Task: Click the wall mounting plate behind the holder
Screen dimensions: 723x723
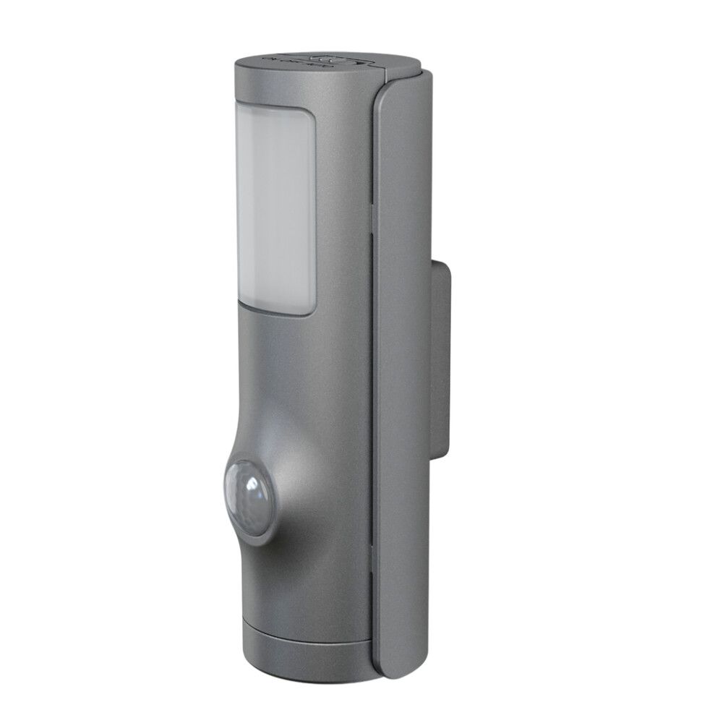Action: (x=441, y=354)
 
